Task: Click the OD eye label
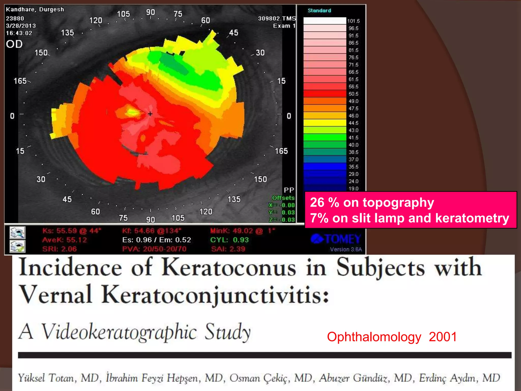click(x=14, y=44)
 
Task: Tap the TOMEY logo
click(x=336, y=239)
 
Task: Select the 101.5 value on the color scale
click(x=353, y=21)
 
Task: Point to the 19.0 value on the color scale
click(x=353, y=189)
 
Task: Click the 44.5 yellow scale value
click(x=353, y=123)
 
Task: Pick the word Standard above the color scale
click(x=319, y=10)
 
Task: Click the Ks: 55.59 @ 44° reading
click(x=72, y=231)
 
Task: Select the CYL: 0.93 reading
click(x=229, y=240)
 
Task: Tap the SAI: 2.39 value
click(x=228, y=249)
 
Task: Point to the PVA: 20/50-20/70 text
click(x=154, y=249)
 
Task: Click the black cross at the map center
click(x=150, y=114)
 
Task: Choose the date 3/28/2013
click(x=21, y=26)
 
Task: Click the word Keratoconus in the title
click(x=229, y=268)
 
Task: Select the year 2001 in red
click(x=443, y=337)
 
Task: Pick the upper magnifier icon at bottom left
click(x=17, y=232)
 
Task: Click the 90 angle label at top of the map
click(x=150, y=12)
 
